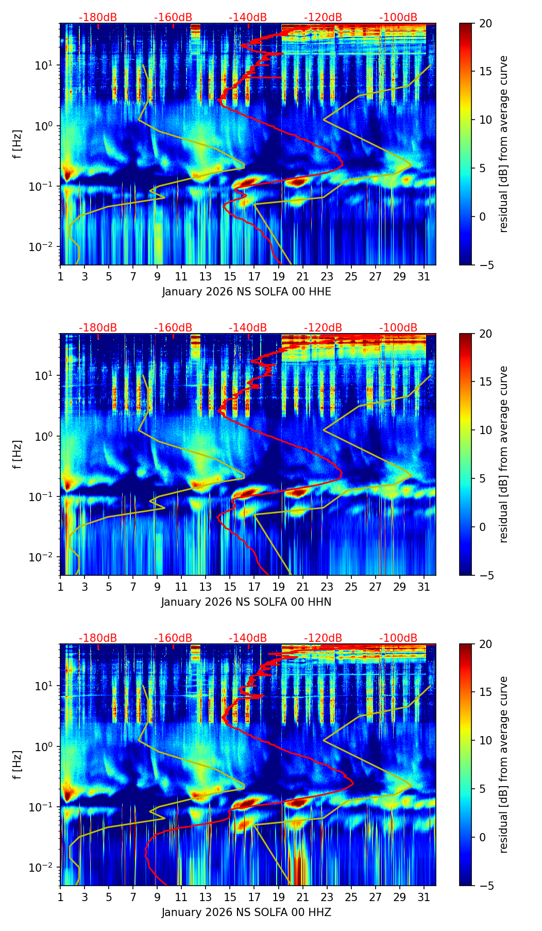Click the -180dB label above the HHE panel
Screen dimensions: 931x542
pos(98,18)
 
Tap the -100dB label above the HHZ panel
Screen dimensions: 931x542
pos(398,638)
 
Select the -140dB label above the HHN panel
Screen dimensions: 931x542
pos(248,328)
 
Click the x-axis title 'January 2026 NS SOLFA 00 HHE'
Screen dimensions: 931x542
pos(246,292)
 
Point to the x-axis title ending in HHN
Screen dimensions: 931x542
pos(246,602)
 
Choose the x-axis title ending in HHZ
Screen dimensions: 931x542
pos(246,912)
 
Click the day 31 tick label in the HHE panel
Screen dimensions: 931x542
pos(424,276)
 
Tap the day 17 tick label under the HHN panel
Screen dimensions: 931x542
pos(254,587)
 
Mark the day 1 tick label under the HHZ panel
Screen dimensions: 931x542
pos(60,897)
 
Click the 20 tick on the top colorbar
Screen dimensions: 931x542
pos(485,24)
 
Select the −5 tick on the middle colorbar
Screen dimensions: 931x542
pos(485,575)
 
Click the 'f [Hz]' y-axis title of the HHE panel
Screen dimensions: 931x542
pos(18,144)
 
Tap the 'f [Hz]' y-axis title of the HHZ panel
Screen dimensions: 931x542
pos(18,765)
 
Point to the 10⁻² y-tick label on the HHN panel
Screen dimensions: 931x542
pos(45,557)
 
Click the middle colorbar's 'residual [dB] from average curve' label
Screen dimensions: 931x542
pos(504,454)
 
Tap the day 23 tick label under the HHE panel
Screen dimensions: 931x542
pos(327,276)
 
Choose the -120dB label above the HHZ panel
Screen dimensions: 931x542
pos(323,638)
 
